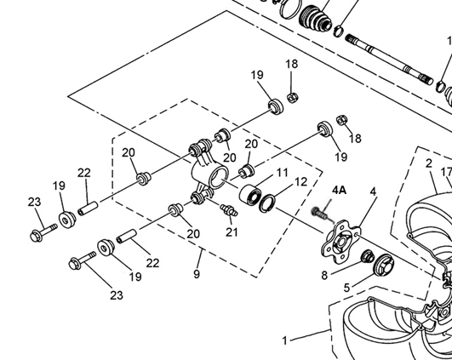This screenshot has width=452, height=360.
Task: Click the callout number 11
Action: coord(282,173)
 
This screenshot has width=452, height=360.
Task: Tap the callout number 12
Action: coord(300,182)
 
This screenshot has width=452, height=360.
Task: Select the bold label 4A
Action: coord(339,191)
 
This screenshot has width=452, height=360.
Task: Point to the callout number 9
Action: coord(197,273)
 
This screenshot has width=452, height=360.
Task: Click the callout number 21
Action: coord(232,232)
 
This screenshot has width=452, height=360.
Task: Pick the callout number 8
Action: coord(324,276)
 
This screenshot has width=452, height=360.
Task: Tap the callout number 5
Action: coord(346,288)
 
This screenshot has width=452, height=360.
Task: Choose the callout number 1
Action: coord(285,341)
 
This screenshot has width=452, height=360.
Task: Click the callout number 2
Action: coord(429,163)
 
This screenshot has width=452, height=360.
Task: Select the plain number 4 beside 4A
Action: coord(374,191)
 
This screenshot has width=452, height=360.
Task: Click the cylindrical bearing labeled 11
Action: coord(249,194)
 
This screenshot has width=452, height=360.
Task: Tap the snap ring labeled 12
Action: coord(267,203)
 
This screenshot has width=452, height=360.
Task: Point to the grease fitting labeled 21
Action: coord(229,210)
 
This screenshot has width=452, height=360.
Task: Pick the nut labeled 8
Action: coord(368,256)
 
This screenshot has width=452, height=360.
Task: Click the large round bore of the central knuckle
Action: coord(219,178)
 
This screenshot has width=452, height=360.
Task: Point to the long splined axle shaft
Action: coord(389,60)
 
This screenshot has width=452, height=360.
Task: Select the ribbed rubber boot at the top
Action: coord(315,17)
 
